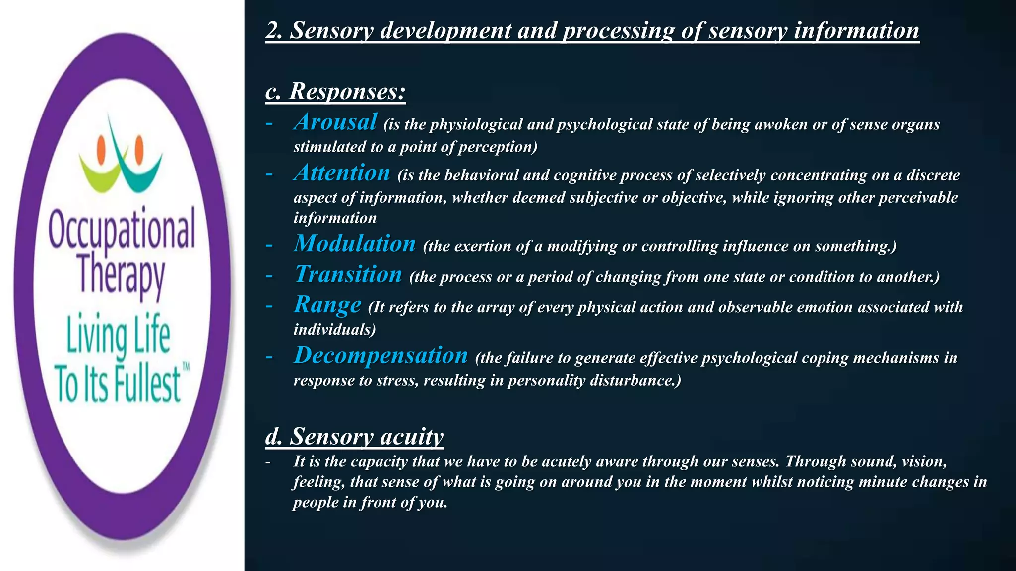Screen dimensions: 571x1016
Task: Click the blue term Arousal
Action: [335, 122]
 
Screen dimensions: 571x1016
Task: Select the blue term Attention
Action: [342, 173]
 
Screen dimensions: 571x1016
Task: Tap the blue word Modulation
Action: [354, 244]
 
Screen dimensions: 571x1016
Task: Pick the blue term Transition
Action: [348, 274]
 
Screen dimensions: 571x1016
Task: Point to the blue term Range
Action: [327, 305]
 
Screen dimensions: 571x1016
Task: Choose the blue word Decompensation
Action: [381, 355]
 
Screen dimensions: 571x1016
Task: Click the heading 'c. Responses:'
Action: [335, 91]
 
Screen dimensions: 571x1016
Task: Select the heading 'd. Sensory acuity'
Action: [354, 436]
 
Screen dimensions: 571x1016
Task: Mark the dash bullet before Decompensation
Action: [269, 357]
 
